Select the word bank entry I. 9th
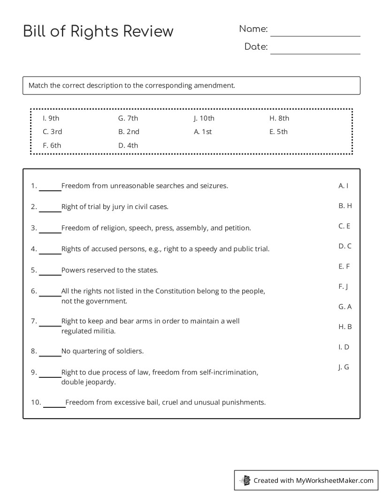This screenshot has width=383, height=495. pos(51,118)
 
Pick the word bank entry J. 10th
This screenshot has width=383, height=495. pos(204,118)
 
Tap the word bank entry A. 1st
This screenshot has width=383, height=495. pos(203,132)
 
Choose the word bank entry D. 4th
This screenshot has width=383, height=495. pos(128,145)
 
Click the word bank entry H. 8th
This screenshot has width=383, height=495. pos(279,118)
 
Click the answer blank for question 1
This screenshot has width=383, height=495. pos(50,189)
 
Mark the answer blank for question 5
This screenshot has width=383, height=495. pos(50,274)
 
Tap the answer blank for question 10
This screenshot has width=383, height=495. pos(54,406)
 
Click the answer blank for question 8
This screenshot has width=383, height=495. pos(50,354)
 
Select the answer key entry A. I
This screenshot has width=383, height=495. pos(344,186)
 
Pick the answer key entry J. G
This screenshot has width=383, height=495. pos(344,367)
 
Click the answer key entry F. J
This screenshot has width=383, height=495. pos(343,286)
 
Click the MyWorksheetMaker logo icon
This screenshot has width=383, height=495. pos(245,480)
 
